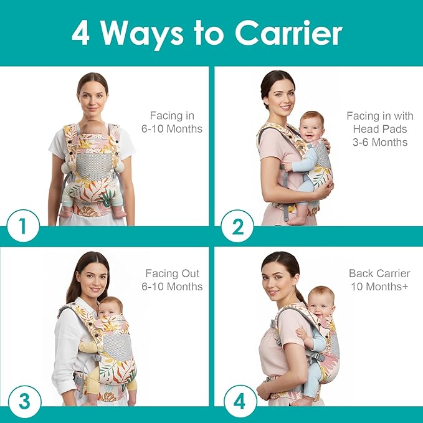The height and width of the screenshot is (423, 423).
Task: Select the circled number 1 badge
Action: tap(22, 227)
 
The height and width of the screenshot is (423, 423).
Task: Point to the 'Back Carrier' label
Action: tap(379, 273)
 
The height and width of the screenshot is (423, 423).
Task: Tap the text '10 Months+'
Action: tap(379, 287)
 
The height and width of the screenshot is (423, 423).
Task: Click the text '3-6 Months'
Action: tap(378, 142)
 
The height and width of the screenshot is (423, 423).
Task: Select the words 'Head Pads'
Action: tap(378, 129)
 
